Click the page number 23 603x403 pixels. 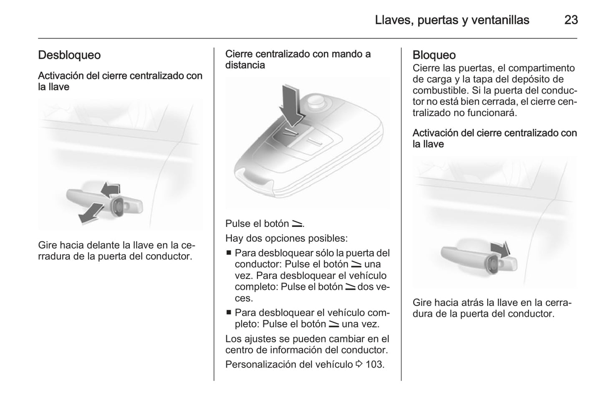[x=570, y=20]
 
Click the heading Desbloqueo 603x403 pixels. [x=69, y=55]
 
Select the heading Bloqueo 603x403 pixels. [x=434, y=55]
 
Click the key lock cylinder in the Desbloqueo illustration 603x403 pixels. [x=118, y=206]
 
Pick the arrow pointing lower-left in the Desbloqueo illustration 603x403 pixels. [x=91, y=212]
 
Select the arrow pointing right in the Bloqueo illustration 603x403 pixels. [x=500, y=249]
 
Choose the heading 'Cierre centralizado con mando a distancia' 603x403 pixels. [x=298, y=59]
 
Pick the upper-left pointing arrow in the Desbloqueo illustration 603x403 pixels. [x=111, y=190]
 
